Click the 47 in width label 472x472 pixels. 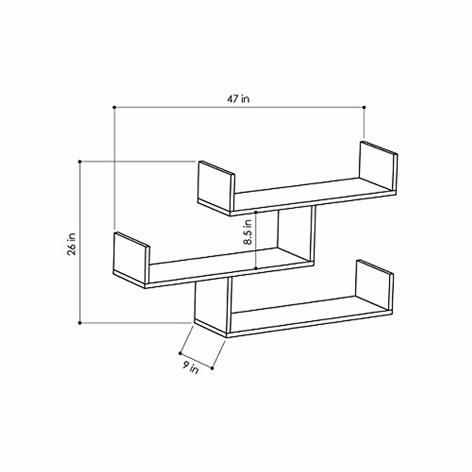click(238, 99)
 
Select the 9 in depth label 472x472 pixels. click(190, 368)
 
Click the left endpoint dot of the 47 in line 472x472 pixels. click(114, 107)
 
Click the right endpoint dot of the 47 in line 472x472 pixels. click(364, 107)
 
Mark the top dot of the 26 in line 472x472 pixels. click(80, 161)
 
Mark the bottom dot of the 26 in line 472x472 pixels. click(80, 323)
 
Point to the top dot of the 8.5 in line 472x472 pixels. click(256, 212)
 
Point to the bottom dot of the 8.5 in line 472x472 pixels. click(256, 268)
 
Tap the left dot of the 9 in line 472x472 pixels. click(180, 353)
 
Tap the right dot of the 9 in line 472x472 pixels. click(212, 369)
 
